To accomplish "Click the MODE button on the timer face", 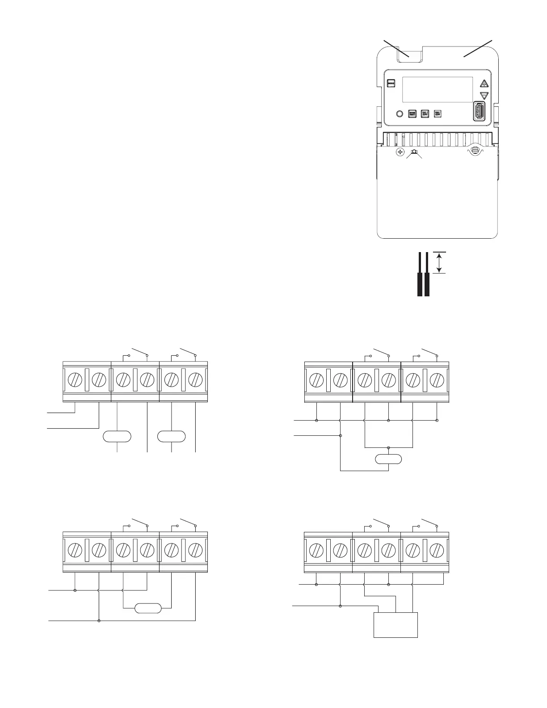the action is (x=391, y=84).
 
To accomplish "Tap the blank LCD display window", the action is (x=438, y=89).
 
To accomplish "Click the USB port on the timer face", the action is (x=480, y=111).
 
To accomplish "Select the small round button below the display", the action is (x=400, y=114).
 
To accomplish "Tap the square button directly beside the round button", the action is (x=412, y=114).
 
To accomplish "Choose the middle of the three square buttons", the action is (x=425, y=114).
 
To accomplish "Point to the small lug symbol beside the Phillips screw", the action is (x=414, y=153).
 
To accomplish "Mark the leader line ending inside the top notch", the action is (x=397, y=48).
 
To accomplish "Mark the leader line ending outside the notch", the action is (x=477, y=48).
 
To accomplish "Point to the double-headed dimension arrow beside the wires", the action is (x=439, y=262).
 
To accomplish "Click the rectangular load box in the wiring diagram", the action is (x=396, y=625).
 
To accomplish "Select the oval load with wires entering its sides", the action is (x=148, y=608).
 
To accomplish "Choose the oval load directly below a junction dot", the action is (x=388, y=459).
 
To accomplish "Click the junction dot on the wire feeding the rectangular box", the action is (x=341, y=606).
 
